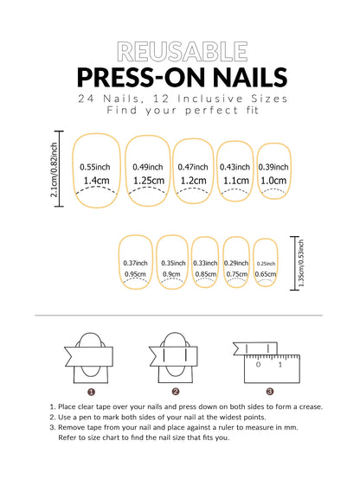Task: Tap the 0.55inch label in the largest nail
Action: (95, 166)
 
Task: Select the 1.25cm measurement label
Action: (149, 181)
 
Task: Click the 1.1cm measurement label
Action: (235, 181)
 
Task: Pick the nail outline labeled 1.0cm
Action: (273, 171)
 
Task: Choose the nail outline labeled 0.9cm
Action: (173, 261)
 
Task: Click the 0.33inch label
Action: (205, 263)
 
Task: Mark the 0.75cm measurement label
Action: (235, 275)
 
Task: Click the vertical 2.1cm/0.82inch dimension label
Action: (55, 169)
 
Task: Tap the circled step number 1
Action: (91, 391)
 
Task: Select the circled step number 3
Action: (269, 391)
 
